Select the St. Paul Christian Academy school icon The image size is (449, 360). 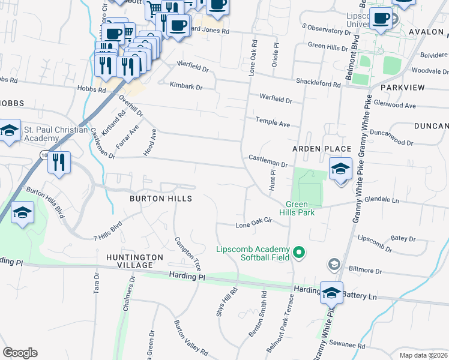click(9, 131)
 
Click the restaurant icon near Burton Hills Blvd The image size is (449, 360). click(59, 162)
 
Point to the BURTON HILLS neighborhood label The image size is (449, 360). click(161, 198)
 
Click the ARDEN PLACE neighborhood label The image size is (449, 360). click(321, 148)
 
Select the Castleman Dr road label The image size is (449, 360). click(268, 160)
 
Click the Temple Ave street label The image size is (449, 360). click(273, 122)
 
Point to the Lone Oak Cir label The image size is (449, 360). click(254, 225)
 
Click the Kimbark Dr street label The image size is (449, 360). click(186, 86)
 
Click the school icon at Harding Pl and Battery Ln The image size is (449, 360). click(331, 293)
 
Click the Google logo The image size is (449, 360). click(20, 353)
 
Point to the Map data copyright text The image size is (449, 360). click(423, 355)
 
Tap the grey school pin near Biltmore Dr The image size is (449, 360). click(334, 264)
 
